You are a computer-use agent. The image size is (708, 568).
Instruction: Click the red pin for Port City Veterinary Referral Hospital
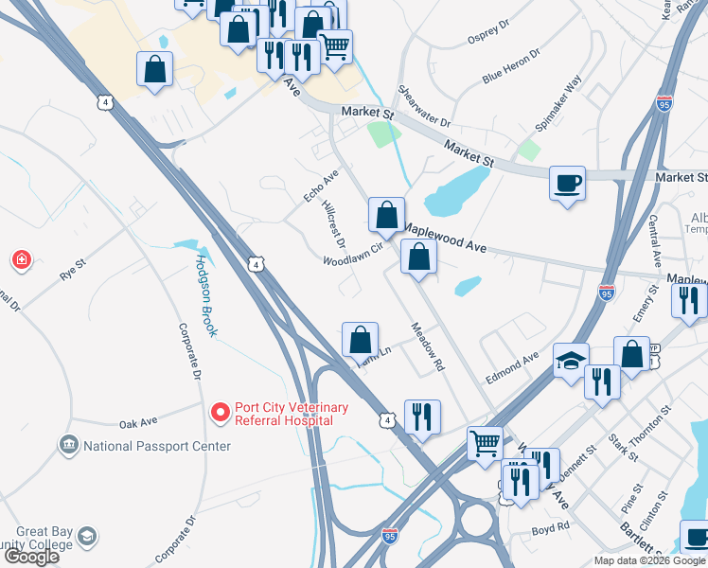(x=220, y=413)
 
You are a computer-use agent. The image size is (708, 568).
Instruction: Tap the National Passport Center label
(x=156, y=446)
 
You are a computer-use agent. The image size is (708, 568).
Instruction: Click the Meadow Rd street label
(x=427, y=346)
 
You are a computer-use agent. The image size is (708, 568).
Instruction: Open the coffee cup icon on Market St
(x=568, y=182)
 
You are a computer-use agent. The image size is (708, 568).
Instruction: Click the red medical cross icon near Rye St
(x=21, y=258)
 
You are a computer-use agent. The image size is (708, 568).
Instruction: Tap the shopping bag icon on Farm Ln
(x=360, y=339)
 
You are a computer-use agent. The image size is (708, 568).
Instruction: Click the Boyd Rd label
(x=550, y=526)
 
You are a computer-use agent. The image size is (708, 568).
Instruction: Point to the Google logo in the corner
(x=32, y=557)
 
